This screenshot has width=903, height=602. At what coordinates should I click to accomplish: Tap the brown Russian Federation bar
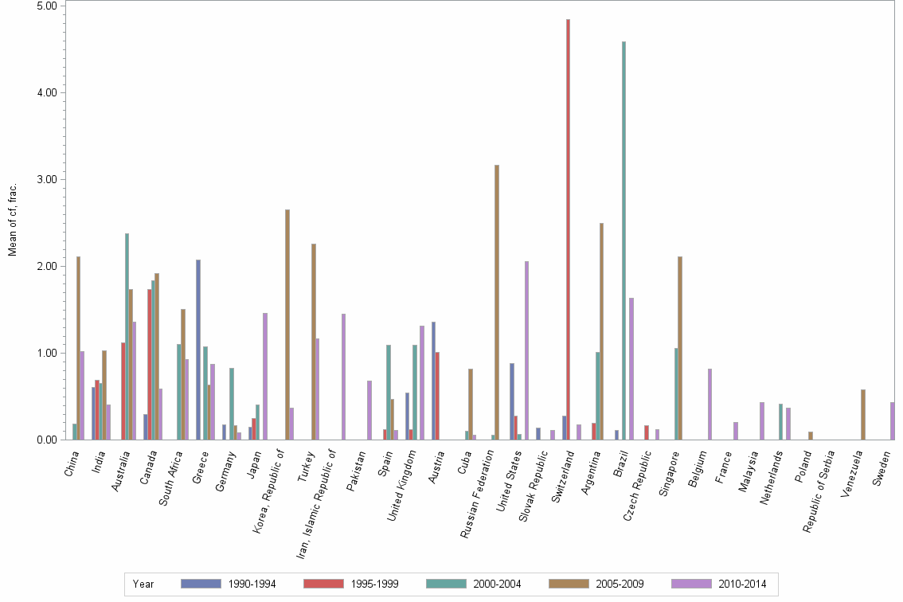click(x=497, y=302)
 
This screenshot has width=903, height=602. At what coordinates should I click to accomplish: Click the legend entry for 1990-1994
click(x=229, y=584)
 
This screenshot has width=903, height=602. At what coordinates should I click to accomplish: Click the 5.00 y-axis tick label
click(x=47, y=6)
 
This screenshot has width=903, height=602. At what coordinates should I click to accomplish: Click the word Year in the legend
click(x=143, y=584)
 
